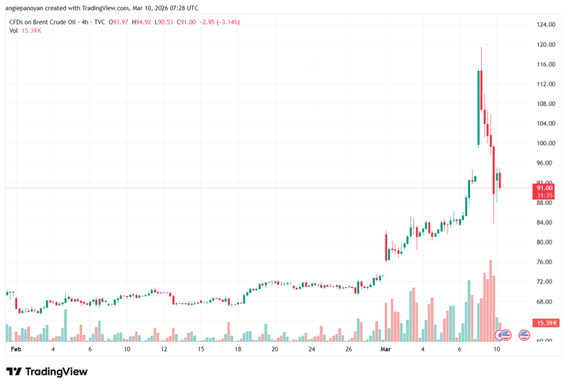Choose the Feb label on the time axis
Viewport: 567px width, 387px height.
click(16, 350)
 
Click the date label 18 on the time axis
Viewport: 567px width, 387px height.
click(238, 350)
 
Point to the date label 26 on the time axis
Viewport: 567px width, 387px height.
click(349, 350)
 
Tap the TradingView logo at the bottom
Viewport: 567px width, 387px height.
click(47, 371)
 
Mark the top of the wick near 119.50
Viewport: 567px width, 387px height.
click(481, 48)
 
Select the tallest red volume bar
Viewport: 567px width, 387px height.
click(491, 299)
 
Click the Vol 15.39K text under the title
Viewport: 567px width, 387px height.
click(25, 30)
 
